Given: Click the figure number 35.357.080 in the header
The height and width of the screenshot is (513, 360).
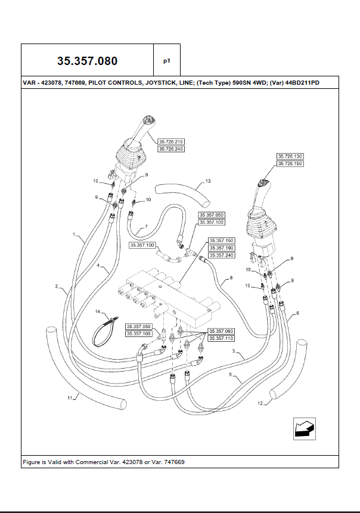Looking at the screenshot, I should pos(87,61).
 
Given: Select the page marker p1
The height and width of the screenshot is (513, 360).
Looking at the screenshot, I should pos(167,61).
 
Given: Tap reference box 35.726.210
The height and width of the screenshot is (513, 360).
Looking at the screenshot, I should pos(170,142).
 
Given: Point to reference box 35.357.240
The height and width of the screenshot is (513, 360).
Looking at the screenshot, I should pos(221,255).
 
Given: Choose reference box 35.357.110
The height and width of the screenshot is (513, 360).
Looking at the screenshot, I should pos(221,338).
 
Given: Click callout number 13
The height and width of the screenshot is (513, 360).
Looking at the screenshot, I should pos(208,180).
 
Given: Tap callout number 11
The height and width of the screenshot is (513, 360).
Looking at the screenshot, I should pos(70,397).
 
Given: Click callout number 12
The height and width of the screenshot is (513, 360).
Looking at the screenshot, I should pos(260,404).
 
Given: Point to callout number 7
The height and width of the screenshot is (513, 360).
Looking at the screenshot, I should pos(145,227).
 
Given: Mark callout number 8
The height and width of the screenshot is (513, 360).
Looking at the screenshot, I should pos(231,278).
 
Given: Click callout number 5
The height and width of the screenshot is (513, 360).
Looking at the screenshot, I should pos(230,375).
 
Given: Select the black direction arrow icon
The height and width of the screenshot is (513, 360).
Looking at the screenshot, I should pos(305,428).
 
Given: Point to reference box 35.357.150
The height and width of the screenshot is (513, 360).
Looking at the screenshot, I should pos(221,240).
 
